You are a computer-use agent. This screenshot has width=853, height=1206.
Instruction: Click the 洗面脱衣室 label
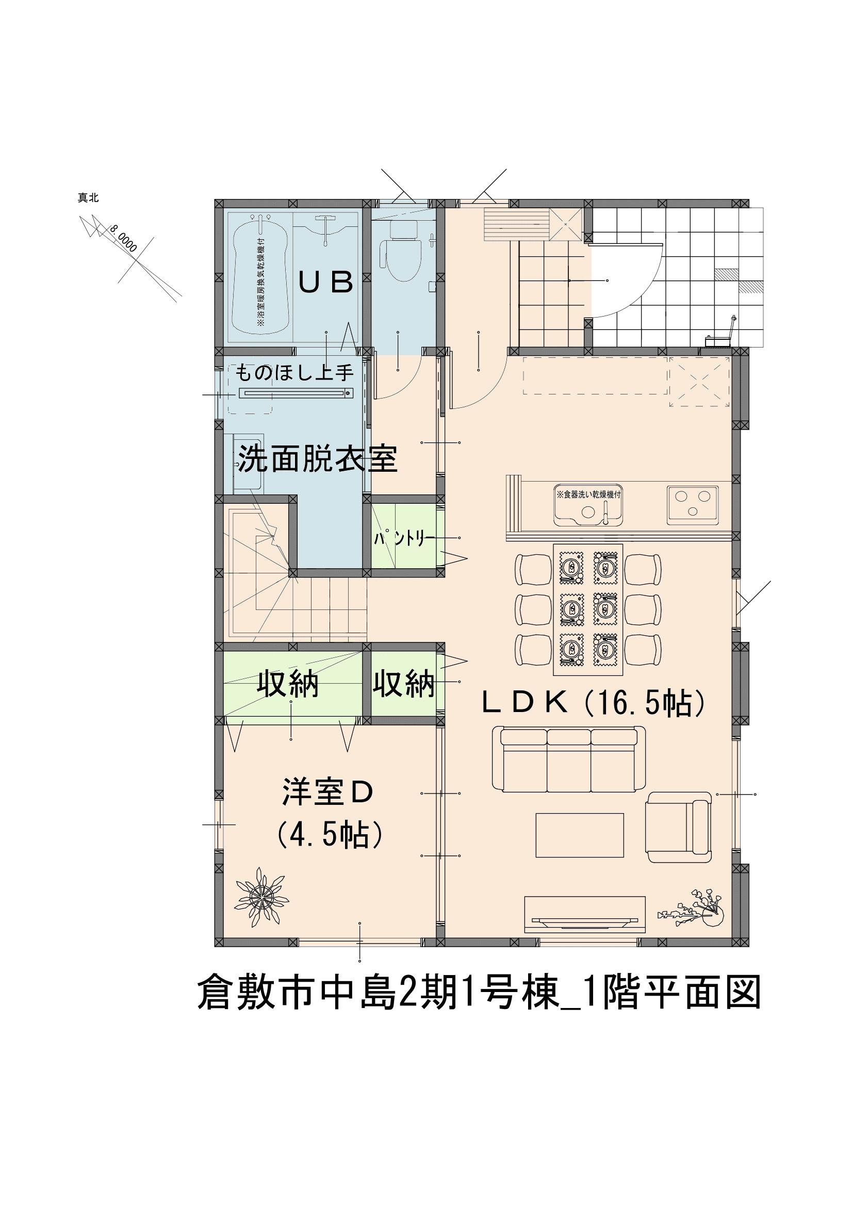(x=317, y=459)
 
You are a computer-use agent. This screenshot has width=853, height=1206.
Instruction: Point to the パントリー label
(x=403, y=539)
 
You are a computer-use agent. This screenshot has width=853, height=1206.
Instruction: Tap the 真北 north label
(x=88, y=198)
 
